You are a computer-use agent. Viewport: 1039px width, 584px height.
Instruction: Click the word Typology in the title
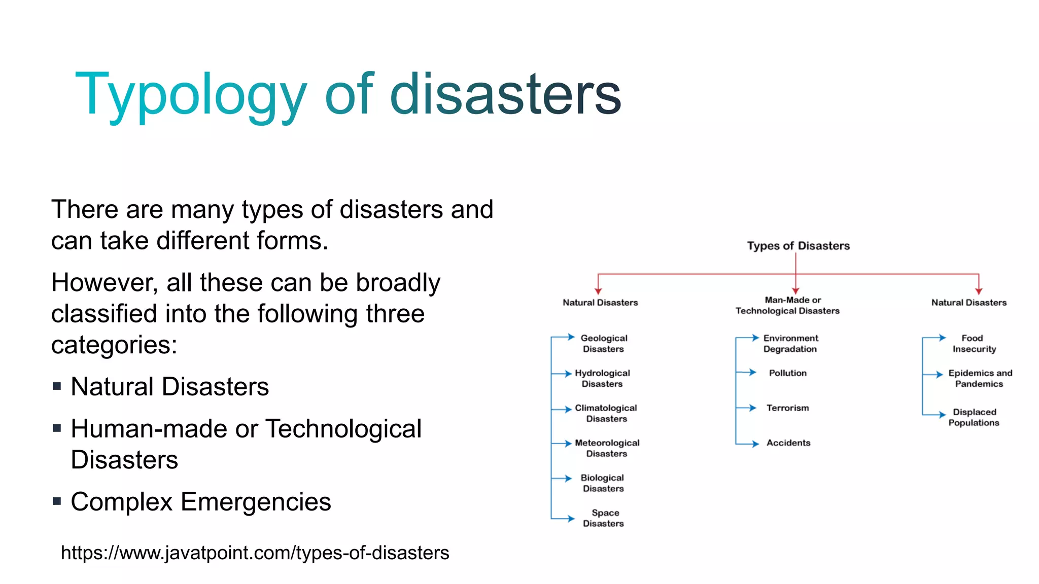(x=191, y=95)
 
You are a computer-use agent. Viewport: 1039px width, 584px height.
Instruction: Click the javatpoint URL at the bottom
(x=255, y=553)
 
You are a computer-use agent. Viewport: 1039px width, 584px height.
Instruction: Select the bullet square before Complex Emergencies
(x=57, y=502)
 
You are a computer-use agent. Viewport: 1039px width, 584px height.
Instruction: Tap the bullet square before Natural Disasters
(x=57, y=387)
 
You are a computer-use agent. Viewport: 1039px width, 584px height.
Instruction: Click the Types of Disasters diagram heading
(x=798, y=246)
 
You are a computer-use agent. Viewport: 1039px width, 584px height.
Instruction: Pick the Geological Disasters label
(x=604, y=343)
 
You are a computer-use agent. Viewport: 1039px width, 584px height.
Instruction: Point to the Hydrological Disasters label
(x=602, y=378)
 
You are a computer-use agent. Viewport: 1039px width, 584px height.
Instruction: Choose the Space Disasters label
(x=604, y=518)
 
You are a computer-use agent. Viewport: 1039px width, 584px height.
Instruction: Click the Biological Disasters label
(x=603, y=483)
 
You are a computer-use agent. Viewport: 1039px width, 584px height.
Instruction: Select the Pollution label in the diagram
(x=787, y=373)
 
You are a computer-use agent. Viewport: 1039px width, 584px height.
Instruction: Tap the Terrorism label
(x=787, y=408)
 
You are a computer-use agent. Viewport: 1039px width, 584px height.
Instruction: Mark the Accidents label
(x=788, y=443)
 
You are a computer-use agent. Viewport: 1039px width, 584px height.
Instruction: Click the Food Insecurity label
(x=974, y=343)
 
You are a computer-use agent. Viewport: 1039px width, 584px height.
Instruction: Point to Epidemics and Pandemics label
(x=980, y=378)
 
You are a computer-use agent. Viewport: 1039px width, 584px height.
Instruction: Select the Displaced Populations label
(x=974, y=417)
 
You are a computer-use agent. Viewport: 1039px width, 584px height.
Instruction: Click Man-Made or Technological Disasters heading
(x=788, y=306)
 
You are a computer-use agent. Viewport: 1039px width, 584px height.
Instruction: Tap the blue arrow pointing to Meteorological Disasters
(x=564, y=444)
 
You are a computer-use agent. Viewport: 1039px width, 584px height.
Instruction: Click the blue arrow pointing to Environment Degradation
(x=750, y=338)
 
